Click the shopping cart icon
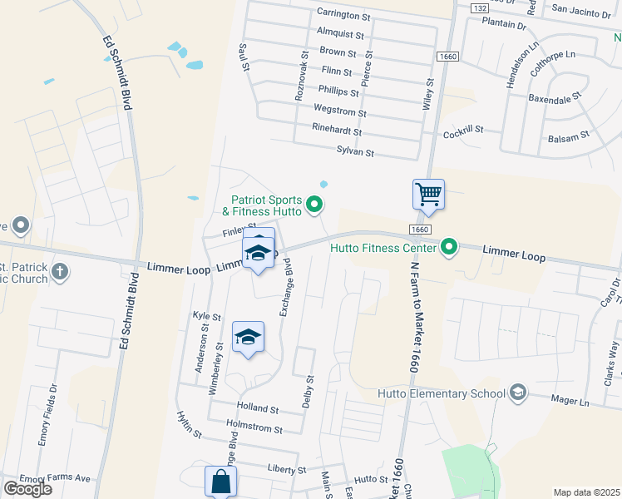428,195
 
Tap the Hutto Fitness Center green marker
450,247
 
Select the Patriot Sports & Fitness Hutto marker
314,203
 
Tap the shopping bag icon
220,482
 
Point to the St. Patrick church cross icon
60,272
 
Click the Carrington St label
343,15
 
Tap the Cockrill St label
464,131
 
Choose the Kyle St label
206,317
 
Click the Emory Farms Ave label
55,479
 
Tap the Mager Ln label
570,401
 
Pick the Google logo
27,489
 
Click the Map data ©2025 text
586,492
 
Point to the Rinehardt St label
337,131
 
